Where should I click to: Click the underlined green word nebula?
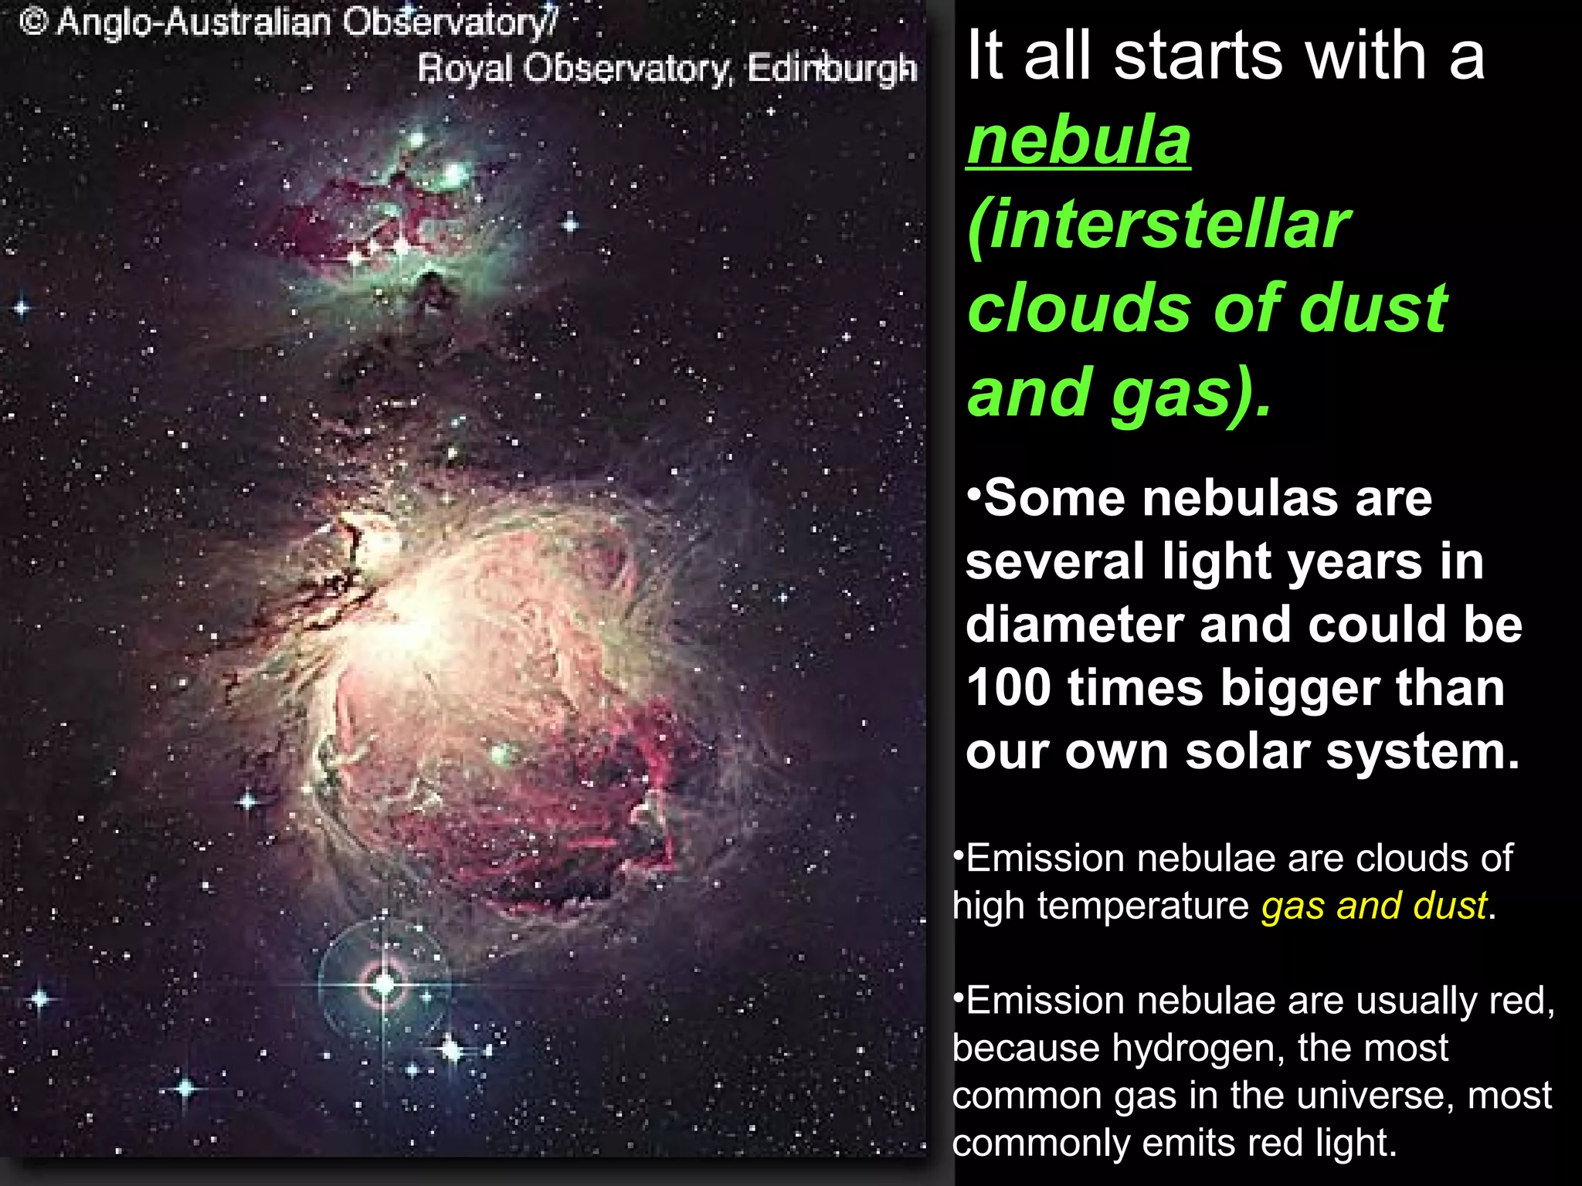(1078, 141)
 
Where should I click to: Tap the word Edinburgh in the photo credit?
(832, 69)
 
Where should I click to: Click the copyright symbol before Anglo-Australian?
(34, 22)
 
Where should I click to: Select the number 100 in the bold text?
(1008, 688)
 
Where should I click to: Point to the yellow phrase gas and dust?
(1374, 906)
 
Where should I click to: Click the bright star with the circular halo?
(384, 983)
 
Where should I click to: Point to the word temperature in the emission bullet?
(1142, 906)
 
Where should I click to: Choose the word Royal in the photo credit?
(465, 69)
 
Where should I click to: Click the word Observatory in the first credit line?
(449, 22)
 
